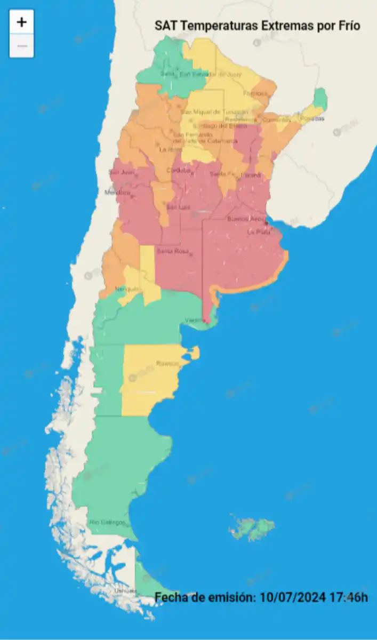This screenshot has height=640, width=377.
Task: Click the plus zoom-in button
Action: click(x=21, y=22)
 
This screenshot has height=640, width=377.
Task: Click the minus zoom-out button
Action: click(x=21, y=46)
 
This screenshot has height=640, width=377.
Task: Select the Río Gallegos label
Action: click(x=107, y=522)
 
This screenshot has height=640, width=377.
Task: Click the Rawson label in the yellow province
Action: click(x=167, y=364)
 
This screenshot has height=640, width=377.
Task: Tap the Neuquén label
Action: click(x=127, y=289)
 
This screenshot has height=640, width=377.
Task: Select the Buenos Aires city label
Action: click(x=245, y=219)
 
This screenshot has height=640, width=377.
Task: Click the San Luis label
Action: click(x=178, y=207)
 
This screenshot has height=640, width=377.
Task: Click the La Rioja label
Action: click(x=170, y=150)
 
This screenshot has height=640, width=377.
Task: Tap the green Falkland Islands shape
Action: click(x=253, y=527)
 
